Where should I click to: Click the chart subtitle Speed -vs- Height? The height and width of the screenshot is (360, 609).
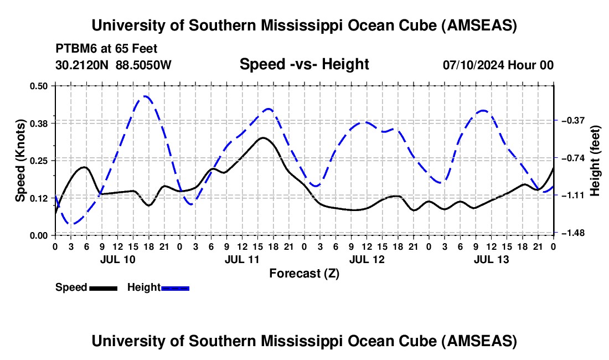304,64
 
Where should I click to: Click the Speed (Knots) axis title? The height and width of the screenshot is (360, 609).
20,161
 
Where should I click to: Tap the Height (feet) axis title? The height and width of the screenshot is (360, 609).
596,161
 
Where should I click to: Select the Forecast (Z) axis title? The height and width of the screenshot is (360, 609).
304,273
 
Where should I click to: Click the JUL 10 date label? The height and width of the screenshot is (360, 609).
117,259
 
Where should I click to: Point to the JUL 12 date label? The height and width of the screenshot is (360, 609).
367,259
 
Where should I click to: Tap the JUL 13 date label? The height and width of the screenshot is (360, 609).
491,259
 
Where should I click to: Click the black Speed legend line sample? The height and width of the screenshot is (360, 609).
104,287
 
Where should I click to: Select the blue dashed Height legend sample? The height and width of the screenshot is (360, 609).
175,287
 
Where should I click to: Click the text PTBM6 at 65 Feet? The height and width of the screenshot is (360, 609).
106,48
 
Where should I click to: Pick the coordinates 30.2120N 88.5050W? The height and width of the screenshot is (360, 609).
113,65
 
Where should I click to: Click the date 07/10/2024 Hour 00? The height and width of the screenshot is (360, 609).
498,65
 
